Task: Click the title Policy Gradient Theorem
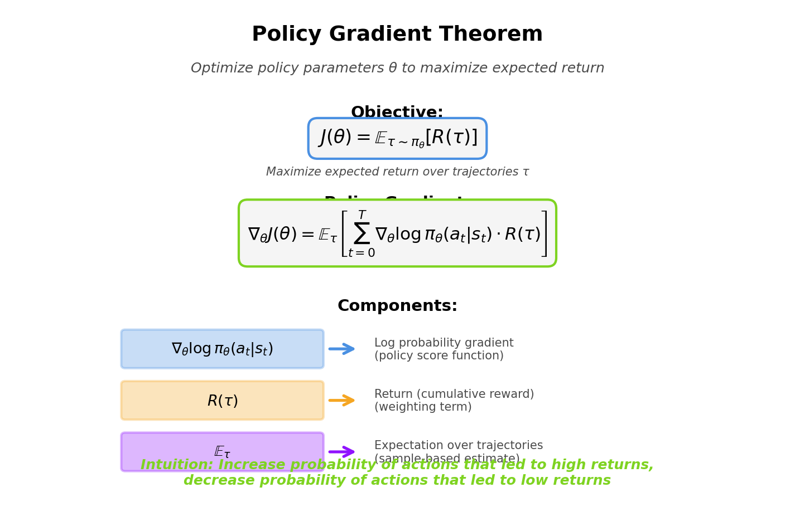[397, 35]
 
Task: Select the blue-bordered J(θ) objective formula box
[397, 138]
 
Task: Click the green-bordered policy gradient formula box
[397, 233]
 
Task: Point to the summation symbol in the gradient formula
[362, 233]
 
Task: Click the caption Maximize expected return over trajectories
[397, 172]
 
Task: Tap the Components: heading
[397, 306]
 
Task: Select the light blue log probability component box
[222, 349]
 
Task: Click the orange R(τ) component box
[222, 401]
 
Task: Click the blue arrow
[342, 349]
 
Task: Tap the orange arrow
[342, 401]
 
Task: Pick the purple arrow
[342, 452]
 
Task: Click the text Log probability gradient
[444, 343]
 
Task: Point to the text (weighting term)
[423, 407]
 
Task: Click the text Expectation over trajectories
[458, 446]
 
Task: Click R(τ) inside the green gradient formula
[522, 235]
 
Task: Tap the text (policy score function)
[439, 356]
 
